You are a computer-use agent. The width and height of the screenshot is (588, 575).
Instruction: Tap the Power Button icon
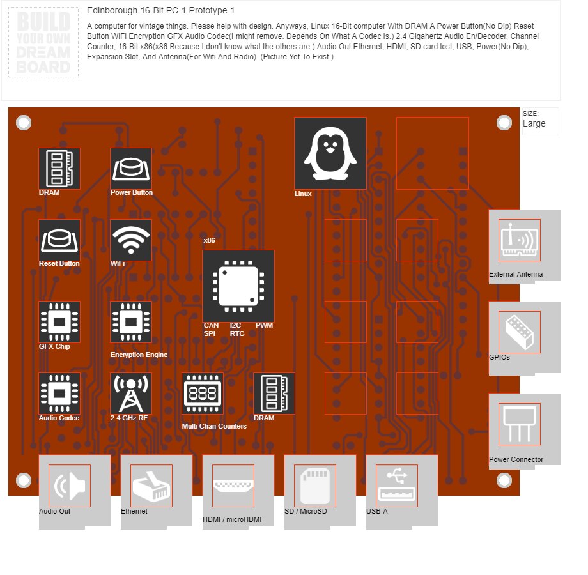[131, 169]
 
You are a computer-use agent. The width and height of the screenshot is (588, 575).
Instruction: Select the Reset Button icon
[59, 240]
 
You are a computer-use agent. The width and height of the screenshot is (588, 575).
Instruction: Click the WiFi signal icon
[131, 240]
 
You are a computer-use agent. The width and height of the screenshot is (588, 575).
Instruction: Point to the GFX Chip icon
[59, 322]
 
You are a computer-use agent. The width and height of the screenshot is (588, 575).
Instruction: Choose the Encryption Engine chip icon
[131, 322]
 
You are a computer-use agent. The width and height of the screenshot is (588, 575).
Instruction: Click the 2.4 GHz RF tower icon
[131, 394]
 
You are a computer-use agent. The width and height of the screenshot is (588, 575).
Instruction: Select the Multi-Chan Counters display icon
[203, 394]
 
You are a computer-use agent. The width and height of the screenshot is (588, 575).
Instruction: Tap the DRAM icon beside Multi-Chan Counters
[274, 394]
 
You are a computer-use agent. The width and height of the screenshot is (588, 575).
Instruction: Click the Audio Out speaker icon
[70, 486]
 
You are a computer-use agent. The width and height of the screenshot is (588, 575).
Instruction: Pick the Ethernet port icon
[151, 486]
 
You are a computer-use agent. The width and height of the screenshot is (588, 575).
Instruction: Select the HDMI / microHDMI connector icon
[233, 486]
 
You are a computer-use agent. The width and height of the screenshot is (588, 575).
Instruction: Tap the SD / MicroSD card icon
[315, 486]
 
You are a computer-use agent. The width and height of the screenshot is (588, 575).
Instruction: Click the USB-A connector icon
[397, 486]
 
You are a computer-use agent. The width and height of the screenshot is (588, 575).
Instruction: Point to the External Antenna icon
[520, 240]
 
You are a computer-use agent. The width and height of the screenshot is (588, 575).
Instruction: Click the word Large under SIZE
[534, 123]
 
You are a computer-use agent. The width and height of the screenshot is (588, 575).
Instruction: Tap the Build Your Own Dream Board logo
[43, 43]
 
